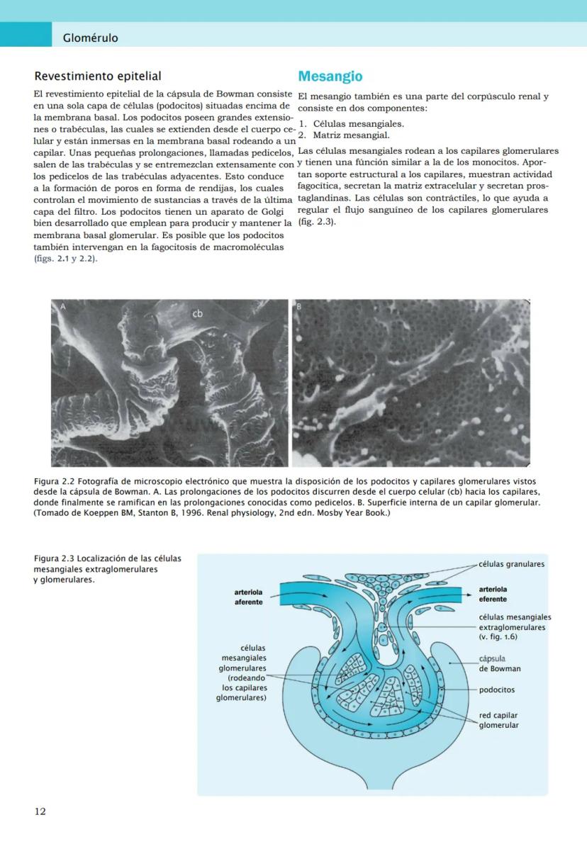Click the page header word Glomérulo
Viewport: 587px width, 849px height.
click(x=90, y=38)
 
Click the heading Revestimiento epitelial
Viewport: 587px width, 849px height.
click(x=98, y=77)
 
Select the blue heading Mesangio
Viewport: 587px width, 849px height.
click(x=330, y=77)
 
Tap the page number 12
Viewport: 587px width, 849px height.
click(x=40, y=811)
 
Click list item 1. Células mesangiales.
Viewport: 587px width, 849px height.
click(x=352, y=124)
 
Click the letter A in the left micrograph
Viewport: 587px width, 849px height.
click(x=62, y=307)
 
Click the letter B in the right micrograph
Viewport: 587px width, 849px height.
click(x=298, y=306)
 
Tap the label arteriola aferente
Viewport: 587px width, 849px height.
click(x=248, y=597)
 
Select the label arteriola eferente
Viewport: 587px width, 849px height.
click(x=493, y=594)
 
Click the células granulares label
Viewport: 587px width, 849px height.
click(x=511, y=564)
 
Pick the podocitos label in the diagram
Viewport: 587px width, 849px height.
click(x=497, y=690)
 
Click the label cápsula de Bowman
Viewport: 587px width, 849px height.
click(x=499, y=663)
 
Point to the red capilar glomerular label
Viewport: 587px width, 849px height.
click(x=498, y=720)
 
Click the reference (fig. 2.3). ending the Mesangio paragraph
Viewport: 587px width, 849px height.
click(x=316, y=222)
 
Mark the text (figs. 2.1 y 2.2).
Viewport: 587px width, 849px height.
click(x=65, y=259)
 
